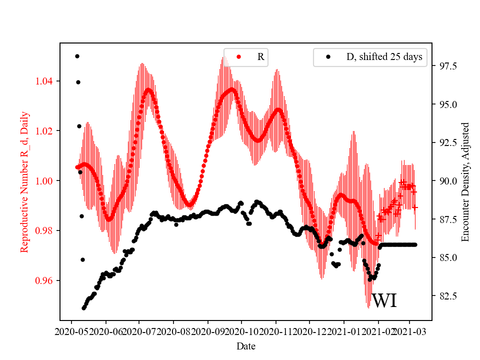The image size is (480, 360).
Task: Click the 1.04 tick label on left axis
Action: tap(45, 81)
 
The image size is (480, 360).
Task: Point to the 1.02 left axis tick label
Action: tap(45, 131)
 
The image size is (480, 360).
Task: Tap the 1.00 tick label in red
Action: tap(45, 181)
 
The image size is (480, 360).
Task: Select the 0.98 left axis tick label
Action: tap(45, 230)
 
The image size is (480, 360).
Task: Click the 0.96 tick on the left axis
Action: tap(45, 280)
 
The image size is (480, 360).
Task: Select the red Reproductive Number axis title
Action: tap(24, 182)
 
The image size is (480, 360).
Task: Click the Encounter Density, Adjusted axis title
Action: tap(465, 182)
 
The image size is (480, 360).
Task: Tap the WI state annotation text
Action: tap(384, 301)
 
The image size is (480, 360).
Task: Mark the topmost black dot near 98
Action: tap(77, 56)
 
